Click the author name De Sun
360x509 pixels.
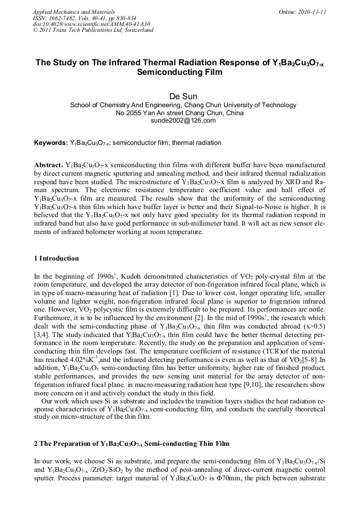click(179, 96)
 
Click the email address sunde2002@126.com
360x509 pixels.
click(179, 120)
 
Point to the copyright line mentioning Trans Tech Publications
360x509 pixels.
click(93, 30)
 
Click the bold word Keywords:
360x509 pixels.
click(50, 143)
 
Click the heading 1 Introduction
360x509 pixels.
click(56, 258)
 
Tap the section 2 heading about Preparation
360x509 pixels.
click(132, 443)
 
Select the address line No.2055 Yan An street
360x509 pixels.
click(179, 113)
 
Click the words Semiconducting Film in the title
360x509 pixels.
click(179, 72)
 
